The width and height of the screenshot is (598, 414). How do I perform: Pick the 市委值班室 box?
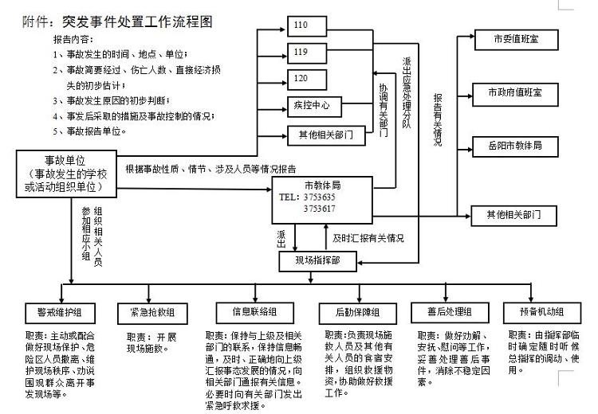coord(514,39)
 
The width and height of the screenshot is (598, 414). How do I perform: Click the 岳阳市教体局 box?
coord(514,146)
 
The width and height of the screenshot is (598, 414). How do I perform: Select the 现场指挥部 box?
coord(317,260)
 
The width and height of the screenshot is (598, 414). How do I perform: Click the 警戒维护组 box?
coord(71,311)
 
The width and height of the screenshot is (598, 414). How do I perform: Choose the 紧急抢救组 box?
coord(157,311)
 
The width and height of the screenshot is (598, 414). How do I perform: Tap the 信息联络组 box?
coord(254,311)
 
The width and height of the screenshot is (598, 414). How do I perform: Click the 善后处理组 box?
coord(445,311)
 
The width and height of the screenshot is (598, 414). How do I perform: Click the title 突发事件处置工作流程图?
coord(140,22)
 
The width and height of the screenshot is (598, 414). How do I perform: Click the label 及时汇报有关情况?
coord(368,238)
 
